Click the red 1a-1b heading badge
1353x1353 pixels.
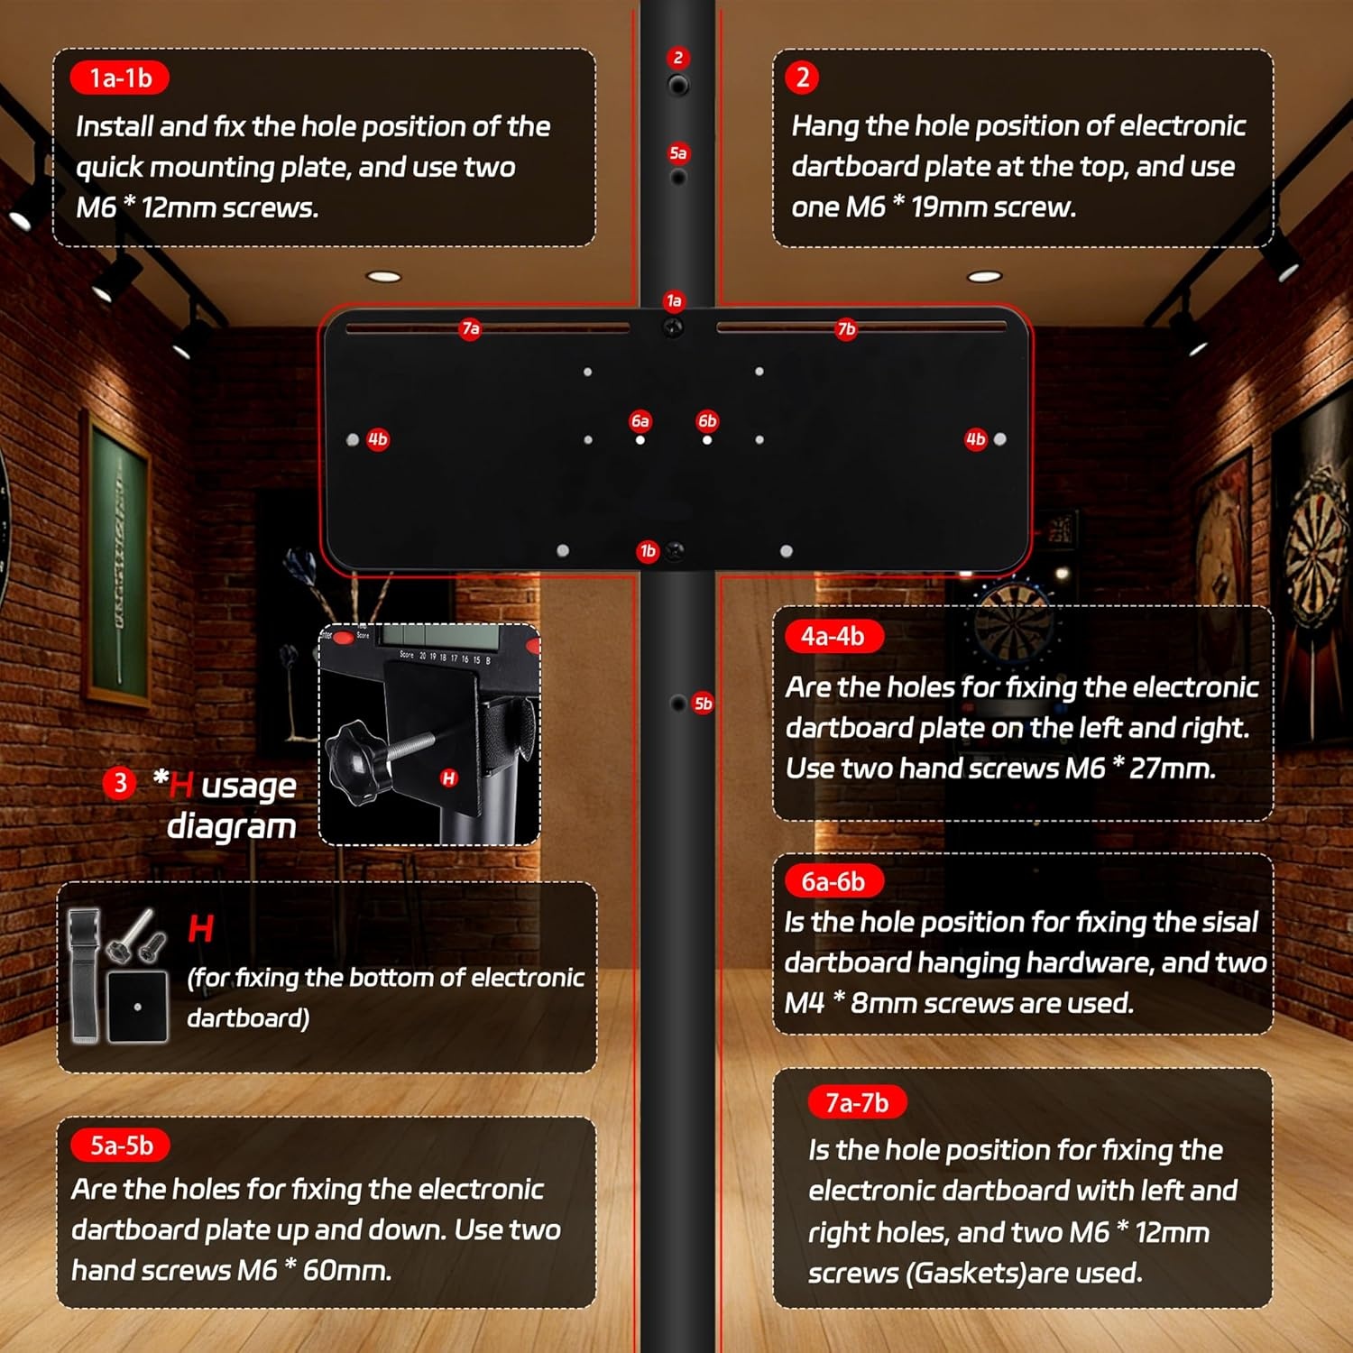tap(120, 78)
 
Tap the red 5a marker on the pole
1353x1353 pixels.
tap(678, 153)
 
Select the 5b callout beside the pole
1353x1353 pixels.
tap(704, 704)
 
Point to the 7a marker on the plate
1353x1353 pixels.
tap(470, 328)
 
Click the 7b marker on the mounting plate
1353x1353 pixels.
tap(846, 328)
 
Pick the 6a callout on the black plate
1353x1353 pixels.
tap(640, 421)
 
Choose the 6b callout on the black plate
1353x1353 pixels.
tap(707, 421)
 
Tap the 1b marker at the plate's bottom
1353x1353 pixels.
tap(648, 551)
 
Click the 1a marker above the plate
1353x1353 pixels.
tap(674, 301)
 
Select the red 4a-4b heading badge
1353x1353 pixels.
tap(833, 637)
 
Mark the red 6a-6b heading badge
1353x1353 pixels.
tap(833, 881)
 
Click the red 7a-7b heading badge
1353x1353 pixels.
tap(857, 1102)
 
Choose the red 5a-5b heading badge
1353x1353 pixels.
tap(121, 1146)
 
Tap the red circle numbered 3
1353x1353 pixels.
tap(120, 783)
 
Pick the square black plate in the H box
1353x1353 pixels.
tap(137, 1007)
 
